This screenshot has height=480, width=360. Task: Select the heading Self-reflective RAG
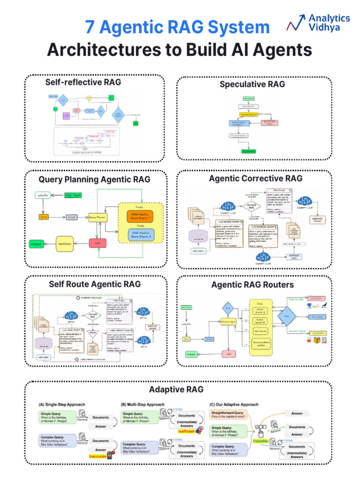pos(82,82)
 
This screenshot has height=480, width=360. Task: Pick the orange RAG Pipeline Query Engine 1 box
pos(140,216)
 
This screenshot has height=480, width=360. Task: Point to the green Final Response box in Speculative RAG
pos(248,152)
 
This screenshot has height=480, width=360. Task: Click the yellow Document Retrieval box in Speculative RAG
pos(248,114)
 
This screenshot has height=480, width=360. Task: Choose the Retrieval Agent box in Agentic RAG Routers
pos(228,321)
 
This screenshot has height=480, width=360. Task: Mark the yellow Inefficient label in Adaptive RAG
pos(186,431)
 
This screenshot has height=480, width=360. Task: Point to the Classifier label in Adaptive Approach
pos(261,441)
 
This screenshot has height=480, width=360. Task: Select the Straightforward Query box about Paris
pos(229,414)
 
